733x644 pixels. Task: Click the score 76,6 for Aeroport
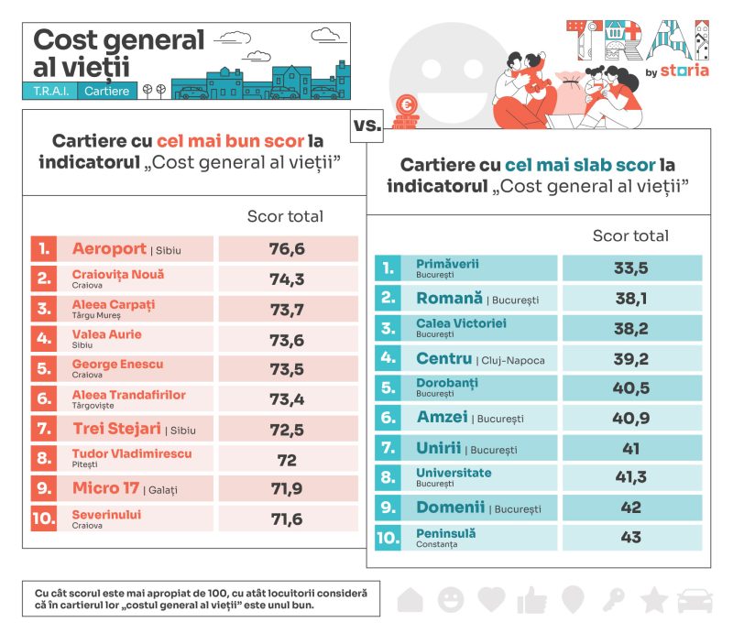pos(287,249)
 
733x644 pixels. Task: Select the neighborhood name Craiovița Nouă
pos(118,274)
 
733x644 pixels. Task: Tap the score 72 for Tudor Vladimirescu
pos(287,459)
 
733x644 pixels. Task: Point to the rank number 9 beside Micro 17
pos(43,488)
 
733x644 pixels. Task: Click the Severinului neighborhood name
pos(106,515)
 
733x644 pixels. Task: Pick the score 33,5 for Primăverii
pos(630,268)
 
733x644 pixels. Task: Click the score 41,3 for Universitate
pos(630,477)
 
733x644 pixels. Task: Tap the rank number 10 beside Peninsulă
pos(388,538)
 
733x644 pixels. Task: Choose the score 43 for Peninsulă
pos(630,538)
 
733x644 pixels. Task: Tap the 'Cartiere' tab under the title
pos(107,91)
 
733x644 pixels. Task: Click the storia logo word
pos(687,72)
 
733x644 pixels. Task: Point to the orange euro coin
pos(405,104)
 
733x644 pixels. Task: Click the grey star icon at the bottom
pos(653,600)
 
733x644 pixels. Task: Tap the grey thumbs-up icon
pos(531,600)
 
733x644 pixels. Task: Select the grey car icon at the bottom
pos(695,600)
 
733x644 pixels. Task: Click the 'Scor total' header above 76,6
pos(285,216)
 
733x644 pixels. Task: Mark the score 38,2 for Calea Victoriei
pos(630,328)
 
